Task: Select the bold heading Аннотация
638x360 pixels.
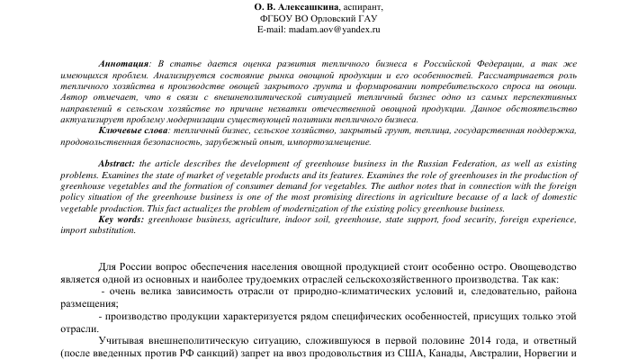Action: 126,66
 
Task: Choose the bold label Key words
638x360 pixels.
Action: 121,219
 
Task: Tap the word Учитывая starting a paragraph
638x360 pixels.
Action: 125,343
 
